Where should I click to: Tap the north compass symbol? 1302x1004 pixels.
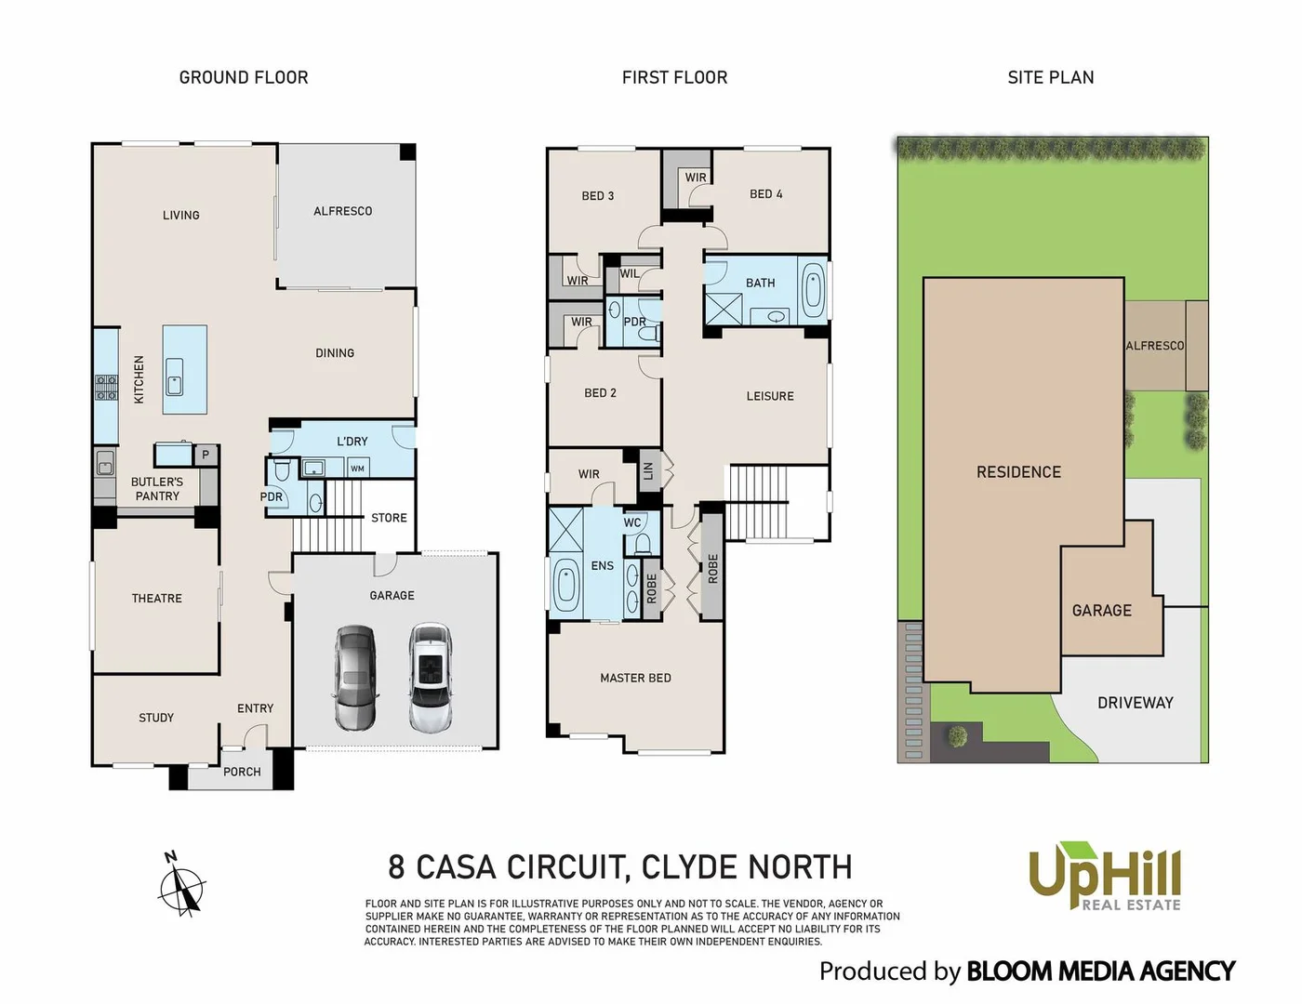coord(182,888)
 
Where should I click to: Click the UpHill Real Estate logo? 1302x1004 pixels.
coord(1104,877)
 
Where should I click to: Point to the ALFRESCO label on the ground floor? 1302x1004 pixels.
coord(342,211)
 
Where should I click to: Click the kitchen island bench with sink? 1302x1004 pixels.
coord(184,370)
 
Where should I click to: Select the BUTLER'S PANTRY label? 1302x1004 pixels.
coord(157,489)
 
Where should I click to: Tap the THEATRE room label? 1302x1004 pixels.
coord(157,598)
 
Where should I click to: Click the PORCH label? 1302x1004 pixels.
coord(242,772)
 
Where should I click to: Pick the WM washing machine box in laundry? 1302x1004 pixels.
coord(357,469)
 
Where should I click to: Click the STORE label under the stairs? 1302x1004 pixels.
coord(389,518)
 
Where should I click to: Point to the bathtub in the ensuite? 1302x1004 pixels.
coord(565,585)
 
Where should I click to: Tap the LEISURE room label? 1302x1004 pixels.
coord(770,396)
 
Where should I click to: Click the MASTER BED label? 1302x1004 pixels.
coord(635,678)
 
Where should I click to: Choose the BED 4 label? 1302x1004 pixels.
coord(765,194)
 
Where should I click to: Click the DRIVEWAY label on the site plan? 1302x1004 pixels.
coord(1135,703)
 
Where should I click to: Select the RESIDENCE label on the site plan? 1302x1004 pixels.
coord(1018,472)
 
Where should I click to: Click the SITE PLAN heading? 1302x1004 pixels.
coord(1050,77)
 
